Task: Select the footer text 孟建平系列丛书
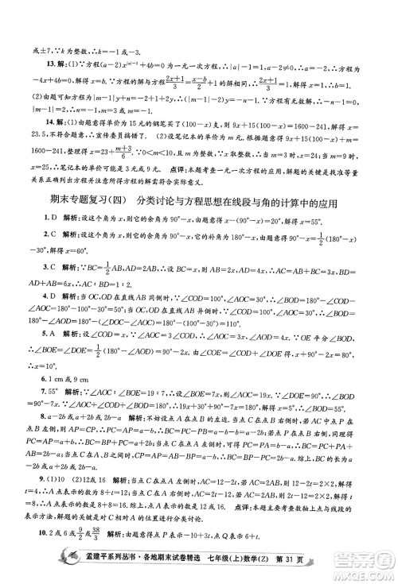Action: click(85, 566)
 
